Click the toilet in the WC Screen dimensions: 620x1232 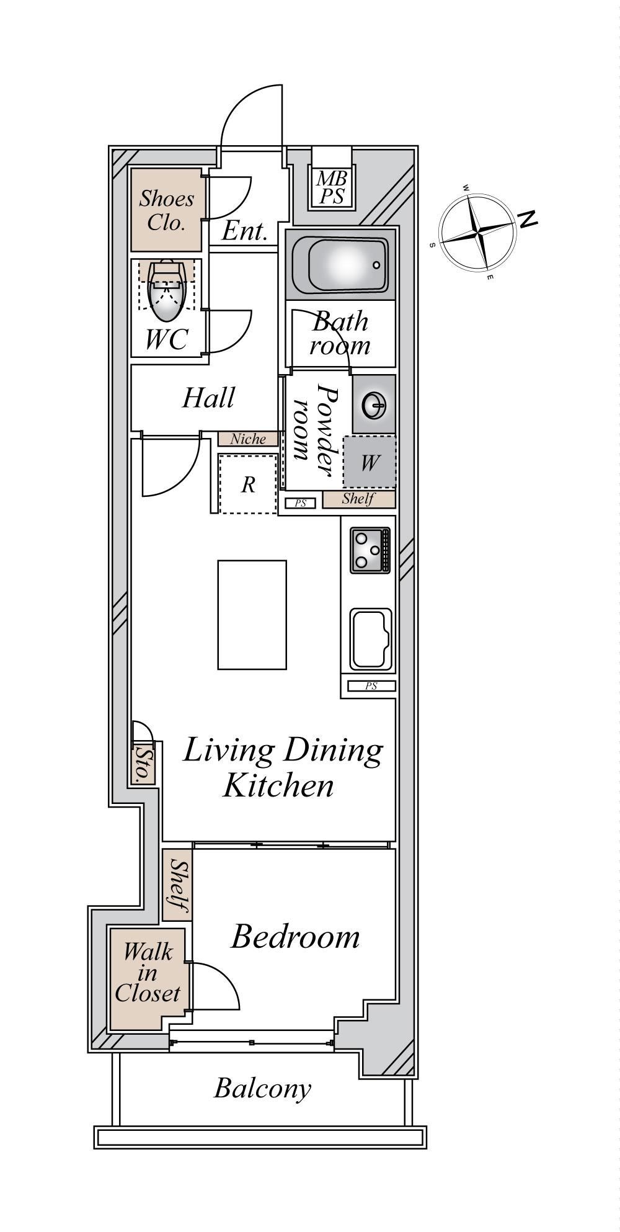(x=167, y=285)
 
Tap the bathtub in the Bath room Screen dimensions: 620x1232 (x=340, y=265)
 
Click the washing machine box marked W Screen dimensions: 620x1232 (x=370, y=462)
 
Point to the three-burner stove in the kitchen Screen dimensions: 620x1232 (x=370, y=550)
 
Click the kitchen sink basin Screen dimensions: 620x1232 (x=371, y=640)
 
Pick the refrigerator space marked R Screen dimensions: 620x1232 (x=248, y=484)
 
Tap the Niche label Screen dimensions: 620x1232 (x=248, y=439)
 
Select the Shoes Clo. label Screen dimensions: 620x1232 (x=166, y=210)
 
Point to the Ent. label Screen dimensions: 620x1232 (x=244, y=232)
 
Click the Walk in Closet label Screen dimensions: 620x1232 (x=148, y=972)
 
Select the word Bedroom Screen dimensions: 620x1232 (x=295, y=937)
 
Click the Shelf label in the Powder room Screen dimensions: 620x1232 (x=358, y=499)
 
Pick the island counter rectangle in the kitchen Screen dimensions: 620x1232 (x=252, y=615)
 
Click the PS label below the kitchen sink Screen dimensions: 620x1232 (x=371, y=686)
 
